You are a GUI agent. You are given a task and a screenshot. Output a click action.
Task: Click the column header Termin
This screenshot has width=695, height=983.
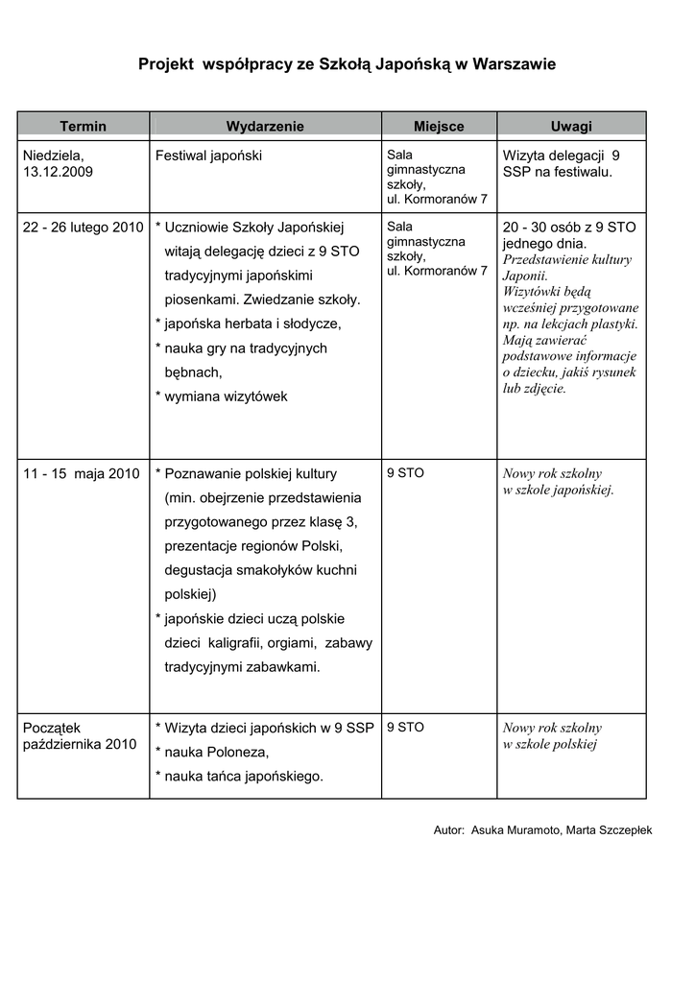pos(84,126)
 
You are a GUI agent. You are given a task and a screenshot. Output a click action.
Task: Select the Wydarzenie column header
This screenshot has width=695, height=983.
pos(265,126)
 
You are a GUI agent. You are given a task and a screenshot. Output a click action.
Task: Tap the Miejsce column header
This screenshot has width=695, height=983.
pos(439,126)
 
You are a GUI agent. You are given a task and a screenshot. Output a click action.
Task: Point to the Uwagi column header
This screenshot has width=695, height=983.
pos(571,126)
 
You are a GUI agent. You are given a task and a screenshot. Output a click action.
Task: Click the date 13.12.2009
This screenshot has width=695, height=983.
pos(59,171)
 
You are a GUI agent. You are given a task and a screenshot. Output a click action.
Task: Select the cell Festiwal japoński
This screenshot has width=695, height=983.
pos(208,155)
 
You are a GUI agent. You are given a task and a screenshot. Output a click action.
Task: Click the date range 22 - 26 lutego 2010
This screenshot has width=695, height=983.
pos(83,227)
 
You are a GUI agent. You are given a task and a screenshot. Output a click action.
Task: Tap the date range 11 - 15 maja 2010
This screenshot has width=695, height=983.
pos(82,473)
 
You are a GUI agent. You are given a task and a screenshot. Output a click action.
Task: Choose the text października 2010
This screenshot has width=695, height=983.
pos(80,744)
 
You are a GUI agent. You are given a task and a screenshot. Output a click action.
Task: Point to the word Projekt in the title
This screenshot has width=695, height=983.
pos(165,64)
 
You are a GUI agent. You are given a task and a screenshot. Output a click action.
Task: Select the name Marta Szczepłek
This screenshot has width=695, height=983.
pos(611,829)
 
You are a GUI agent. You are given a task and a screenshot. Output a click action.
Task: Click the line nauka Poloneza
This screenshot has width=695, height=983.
pos(217,752)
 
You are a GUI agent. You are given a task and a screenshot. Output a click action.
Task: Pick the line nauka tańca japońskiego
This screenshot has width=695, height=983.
pos(244,776)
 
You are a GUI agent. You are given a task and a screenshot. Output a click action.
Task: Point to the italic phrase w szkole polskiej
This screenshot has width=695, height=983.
pos(551,744)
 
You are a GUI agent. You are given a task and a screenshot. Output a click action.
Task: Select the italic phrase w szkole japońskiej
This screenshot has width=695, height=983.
pos(559,490)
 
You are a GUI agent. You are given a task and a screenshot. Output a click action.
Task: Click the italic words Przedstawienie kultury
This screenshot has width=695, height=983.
pos(567,260)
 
